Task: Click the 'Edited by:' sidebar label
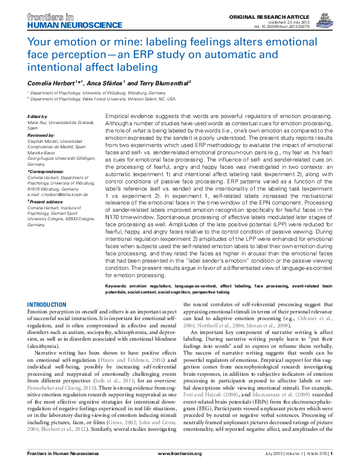[39, 115]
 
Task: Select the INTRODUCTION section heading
[47, 304]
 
